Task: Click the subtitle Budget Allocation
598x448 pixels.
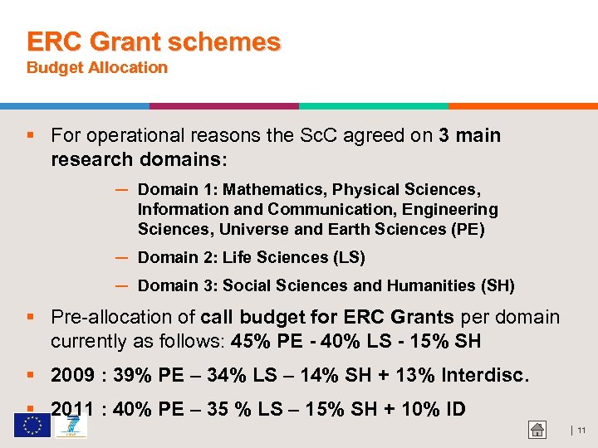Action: pos(97,68)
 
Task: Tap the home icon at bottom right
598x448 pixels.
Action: pos(537,429)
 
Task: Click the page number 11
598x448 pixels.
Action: pos(581,430)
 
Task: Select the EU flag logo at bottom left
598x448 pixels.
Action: pos(32,425)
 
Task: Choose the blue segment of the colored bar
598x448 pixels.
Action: pos(75,106)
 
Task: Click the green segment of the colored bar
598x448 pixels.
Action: pos(374,106)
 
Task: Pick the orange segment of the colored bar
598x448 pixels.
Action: pos(523,106)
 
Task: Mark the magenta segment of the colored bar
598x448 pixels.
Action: pos(224,106)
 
